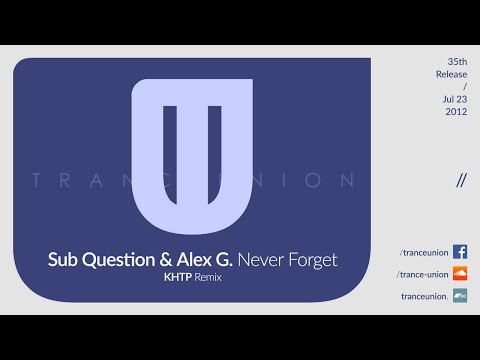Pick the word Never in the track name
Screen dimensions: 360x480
[262, 260]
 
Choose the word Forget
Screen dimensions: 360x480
[313, 260]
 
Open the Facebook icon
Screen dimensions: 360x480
[460, 252]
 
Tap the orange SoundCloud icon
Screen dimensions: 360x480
[460, 273]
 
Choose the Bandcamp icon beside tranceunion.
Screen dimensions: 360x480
[460, 295]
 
